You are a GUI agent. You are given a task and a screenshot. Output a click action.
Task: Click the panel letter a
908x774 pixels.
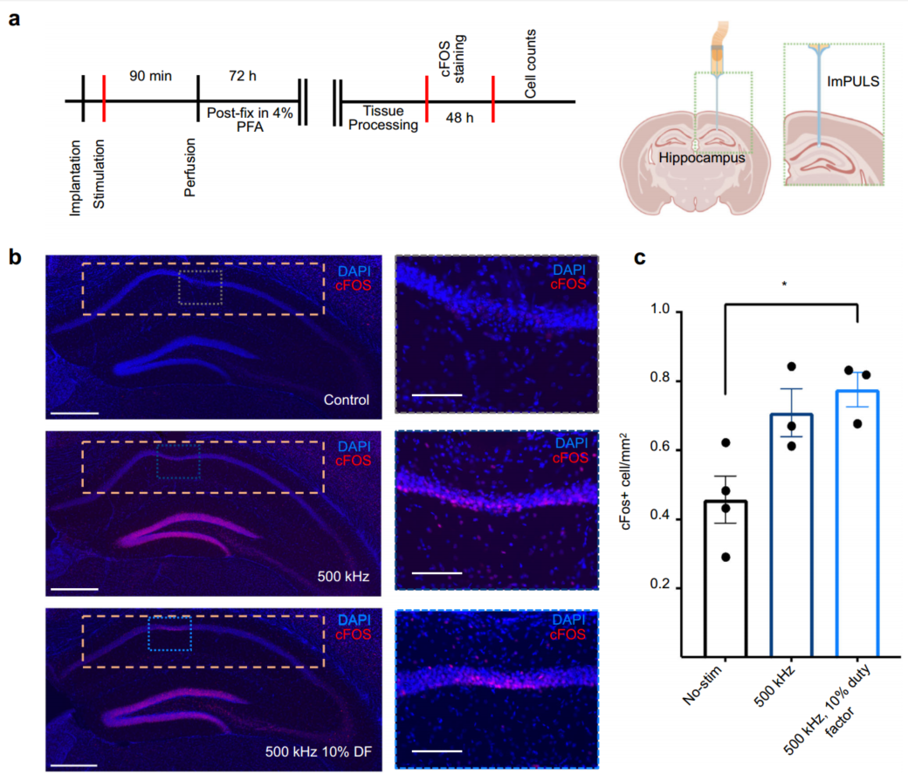click(x=15, y=19)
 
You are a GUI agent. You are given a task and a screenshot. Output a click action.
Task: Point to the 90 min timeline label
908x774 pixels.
click(x=149, y=76)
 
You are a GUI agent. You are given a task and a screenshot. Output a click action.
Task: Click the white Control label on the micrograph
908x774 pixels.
click(x=346, y=401)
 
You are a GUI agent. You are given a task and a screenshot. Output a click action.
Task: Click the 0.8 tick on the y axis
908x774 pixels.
click(x=664, y=380)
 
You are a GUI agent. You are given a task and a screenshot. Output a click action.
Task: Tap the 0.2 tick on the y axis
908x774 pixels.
click(x=664, y=587)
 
